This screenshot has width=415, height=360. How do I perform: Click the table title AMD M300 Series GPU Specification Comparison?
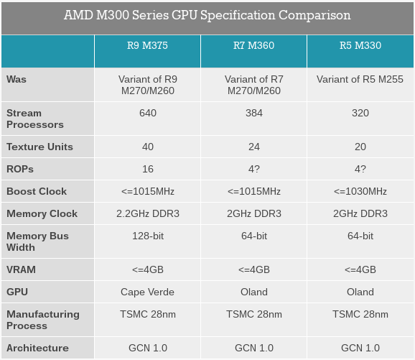point(207,15)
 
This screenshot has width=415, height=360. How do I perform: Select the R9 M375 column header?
point(147,45)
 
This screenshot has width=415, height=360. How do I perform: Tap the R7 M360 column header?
point(254,45)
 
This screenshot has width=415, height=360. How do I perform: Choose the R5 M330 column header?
point(360,45)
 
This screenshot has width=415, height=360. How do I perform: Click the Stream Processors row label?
point(35,119)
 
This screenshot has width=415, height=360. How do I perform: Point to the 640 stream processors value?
point(148,113)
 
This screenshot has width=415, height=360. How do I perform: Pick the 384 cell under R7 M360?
point(254,113)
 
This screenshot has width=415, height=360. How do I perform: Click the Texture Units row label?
point(39,147)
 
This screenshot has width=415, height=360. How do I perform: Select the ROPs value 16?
point(148,169)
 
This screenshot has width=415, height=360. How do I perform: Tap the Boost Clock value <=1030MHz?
point(360,191)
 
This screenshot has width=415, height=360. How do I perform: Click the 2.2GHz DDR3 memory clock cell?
point(148,213)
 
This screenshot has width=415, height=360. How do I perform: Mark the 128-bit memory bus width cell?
point(148,236)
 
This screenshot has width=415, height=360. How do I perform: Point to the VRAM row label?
point(21,269)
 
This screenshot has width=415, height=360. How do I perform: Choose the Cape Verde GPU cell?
point(147,292)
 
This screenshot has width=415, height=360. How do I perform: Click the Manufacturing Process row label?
point(43,320)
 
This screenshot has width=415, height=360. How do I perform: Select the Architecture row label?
point(37,348)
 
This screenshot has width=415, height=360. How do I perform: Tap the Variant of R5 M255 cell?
point(360,79)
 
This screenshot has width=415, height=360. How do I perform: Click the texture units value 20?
point(360,147)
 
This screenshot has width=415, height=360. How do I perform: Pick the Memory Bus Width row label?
point(37,241)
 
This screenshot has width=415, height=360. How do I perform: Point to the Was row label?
point(17,79)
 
